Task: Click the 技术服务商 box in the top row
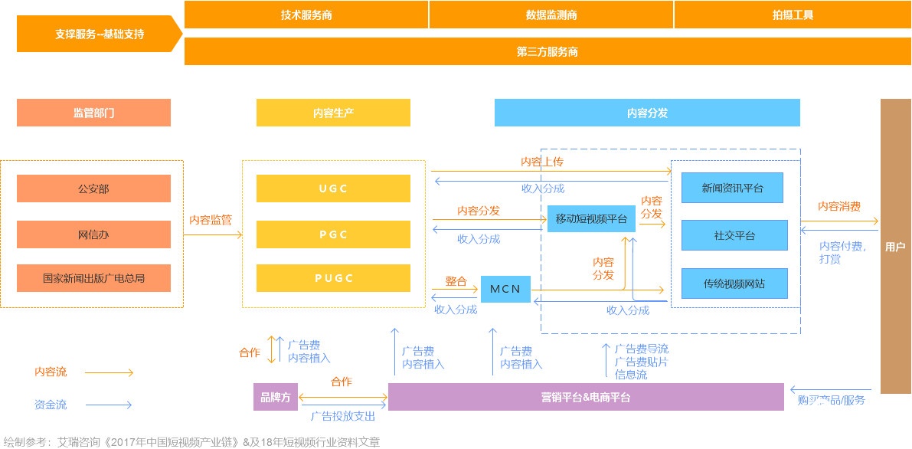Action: click(306, 15)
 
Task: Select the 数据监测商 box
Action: click(551, 15)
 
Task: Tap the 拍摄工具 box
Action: click(793, 15)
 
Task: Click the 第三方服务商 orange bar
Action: click(547, 52)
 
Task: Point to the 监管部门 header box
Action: click(93, 113)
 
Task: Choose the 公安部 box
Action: click(93, 188)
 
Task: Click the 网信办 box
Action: click(93, 234)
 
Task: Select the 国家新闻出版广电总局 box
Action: click(93, 278)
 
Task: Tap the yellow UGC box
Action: click(333, 188)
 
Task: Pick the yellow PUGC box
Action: click(333, 278)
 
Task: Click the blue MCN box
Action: click(505, 289)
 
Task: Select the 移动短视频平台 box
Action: click(591, 219)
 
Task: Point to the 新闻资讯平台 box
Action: click(732, 188)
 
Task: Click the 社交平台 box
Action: click(734, 235)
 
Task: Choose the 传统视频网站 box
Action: click(734, 283)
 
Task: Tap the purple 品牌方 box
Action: click(276, 397)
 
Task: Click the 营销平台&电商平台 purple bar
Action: click(586, 397)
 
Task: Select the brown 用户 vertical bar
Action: click(895, 246)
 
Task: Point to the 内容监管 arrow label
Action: click(211, 220)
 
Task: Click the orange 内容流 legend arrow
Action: click(109, 373)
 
